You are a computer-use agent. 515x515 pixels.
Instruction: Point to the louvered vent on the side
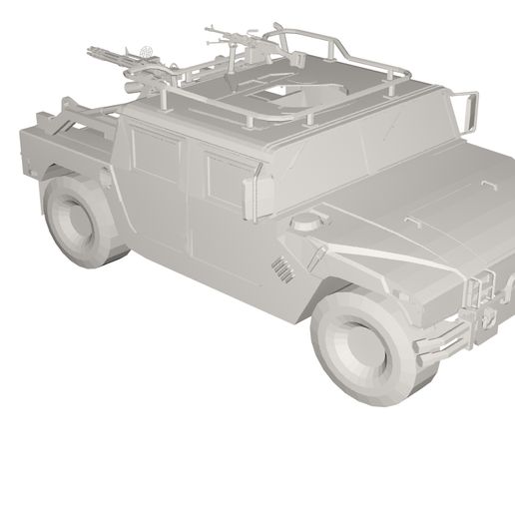pos(283,269)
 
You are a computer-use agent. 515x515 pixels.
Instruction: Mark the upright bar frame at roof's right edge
pos(467,110)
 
